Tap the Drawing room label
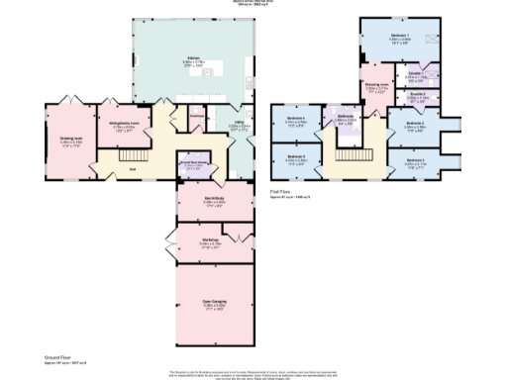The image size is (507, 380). point(70,140)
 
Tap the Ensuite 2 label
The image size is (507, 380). point(418,95)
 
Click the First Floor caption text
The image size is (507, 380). point(284,192)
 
